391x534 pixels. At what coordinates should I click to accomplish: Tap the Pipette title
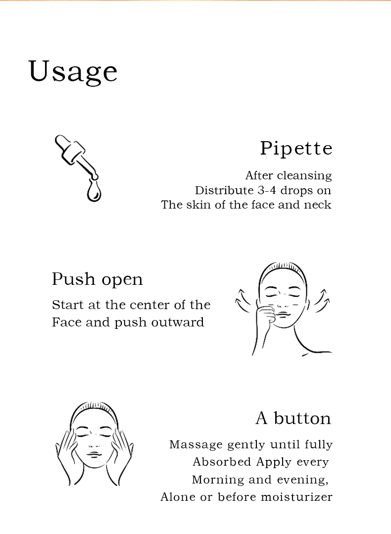296,149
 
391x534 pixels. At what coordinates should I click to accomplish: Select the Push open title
98,279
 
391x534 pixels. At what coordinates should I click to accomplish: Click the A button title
293,418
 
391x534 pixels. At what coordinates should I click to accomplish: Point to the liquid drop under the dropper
94,191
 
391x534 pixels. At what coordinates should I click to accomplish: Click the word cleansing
304,176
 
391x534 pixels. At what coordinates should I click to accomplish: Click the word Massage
196,445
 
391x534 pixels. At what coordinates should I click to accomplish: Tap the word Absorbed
222,462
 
